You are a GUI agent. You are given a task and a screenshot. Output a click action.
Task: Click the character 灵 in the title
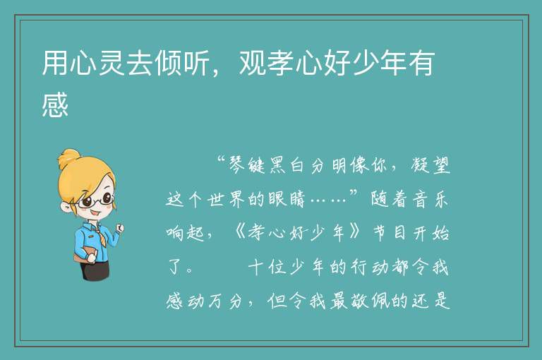112,64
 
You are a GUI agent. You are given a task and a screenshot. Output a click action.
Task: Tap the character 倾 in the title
168,64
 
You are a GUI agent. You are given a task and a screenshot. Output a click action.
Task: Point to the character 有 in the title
421,64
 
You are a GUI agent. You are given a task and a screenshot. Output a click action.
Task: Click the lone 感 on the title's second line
55,104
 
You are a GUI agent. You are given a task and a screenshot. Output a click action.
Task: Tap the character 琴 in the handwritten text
237,165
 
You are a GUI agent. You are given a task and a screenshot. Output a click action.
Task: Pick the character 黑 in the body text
277,165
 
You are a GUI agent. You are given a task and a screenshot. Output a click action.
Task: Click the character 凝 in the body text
421,165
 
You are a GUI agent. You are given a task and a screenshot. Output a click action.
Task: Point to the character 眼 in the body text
277,200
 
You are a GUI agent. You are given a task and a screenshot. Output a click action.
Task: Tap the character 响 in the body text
175,234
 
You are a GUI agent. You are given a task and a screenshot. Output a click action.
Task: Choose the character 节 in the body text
380,234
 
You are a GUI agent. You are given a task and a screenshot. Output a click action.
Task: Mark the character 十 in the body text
256,268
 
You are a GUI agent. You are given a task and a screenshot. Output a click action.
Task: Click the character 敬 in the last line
359,301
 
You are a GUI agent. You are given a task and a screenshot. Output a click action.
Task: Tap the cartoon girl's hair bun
68,158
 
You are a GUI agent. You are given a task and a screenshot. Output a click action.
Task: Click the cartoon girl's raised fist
120,227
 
